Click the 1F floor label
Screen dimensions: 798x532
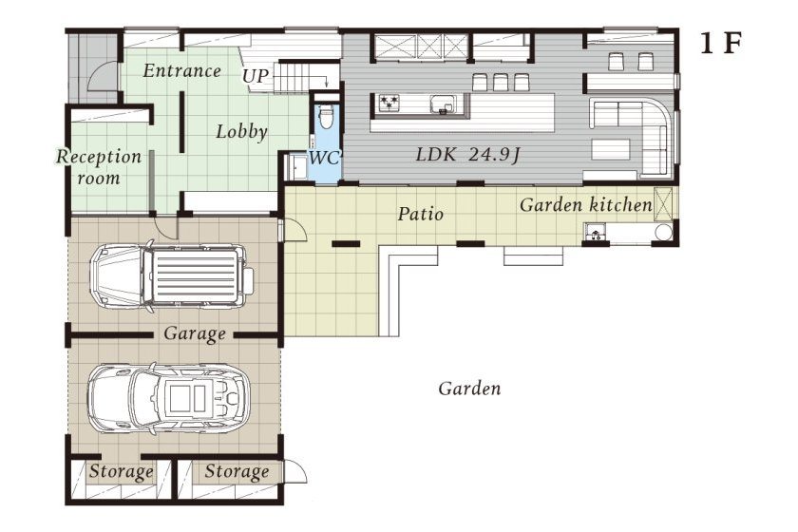click(x=720, y=44)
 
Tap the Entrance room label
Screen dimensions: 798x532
click(x=181, y=70)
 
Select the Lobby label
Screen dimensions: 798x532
click(x=241, y=132)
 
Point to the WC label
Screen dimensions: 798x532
click(x=324, y=158)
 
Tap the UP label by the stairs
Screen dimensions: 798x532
click(x=256, y=76)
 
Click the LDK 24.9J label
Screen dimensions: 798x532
click(x=467, y=154)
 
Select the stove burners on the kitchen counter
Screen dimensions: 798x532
click(x=389, y=103)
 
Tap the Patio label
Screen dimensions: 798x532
click(x=420, y=214)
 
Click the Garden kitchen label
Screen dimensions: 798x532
click(x=586, y=205)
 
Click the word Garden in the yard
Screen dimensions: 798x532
click(x=469, y=389)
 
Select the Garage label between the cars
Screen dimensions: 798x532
click(x=195, y=334)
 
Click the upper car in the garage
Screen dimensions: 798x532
click(x=172, y=275)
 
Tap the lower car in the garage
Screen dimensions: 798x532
click(x=169, y=398)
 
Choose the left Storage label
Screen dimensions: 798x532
click(x=121, y=472)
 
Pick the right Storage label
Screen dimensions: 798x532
click(x=237, y=472)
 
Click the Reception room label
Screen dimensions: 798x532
click(x=99, y=167)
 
